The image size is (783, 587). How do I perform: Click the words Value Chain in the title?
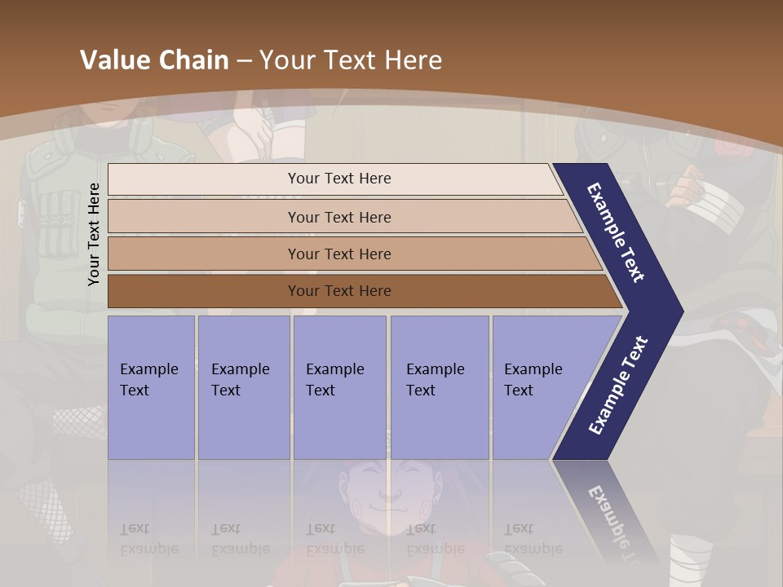(x=154, y=60)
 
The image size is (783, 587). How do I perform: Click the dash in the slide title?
(x=244, y=61)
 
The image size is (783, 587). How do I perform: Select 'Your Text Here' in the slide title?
(x=351, y=60)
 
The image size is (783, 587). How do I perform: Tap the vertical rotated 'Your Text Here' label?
(x=94, y=234)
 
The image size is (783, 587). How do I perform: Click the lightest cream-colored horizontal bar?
(x=338, y=179)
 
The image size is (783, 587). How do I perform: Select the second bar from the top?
(x=338, y=217)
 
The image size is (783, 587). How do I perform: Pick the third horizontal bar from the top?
(x=338, y=254)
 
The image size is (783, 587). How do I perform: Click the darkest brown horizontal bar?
(x=338, y=291)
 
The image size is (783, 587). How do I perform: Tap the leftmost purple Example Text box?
(x=151, y=387)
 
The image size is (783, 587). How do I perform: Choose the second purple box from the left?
(x=243, y=387)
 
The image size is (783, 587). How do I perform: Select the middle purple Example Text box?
(x=339, y=387)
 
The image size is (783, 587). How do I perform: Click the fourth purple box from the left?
(x=440, y=387)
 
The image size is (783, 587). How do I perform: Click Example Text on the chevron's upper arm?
(x=617, y=232)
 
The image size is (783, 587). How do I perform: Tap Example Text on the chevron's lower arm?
(x=618, y=386)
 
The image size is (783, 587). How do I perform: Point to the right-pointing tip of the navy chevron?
(x=679, y=311)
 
